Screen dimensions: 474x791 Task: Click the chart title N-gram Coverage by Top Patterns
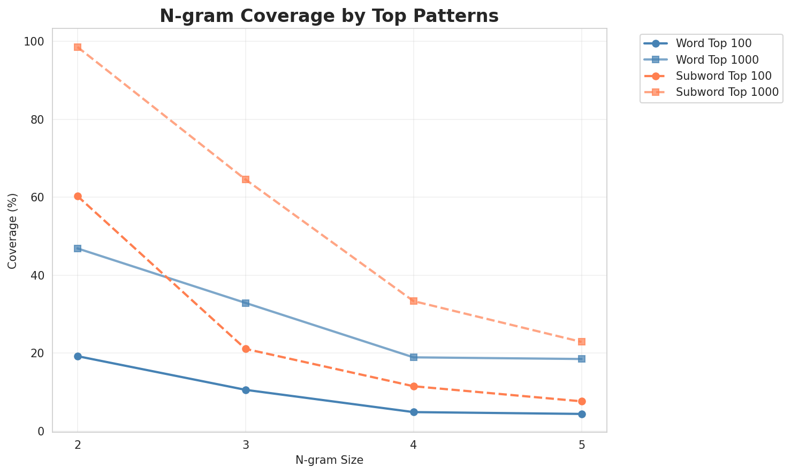[x=329, y=16]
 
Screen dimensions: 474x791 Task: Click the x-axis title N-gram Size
[x=329, y=460]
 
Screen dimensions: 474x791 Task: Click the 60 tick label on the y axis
[x=40, y=198]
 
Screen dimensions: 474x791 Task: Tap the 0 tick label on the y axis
[x=42, y=431]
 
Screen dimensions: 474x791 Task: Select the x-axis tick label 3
[x=246, y=445]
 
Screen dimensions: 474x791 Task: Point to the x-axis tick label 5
[x=582, y=445]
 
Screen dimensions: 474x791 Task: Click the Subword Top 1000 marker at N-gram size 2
[x=78, y=47]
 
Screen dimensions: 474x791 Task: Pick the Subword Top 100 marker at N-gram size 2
[x=78, y=197]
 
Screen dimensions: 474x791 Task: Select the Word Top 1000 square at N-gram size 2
[x=78, y=249]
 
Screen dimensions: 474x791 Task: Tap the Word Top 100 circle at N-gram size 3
[x=246, y=390]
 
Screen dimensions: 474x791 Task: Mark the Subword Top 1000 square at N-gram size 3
[x=246, y=179]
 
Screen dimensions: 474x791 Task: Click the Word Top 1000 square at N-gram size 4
[x=414, y=357]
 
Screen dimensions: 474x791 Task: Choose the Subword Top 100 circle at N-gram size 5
[x=582, y=401]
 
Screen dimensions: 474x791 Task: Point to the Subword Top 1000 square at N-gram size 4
[x=414, y=301]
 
